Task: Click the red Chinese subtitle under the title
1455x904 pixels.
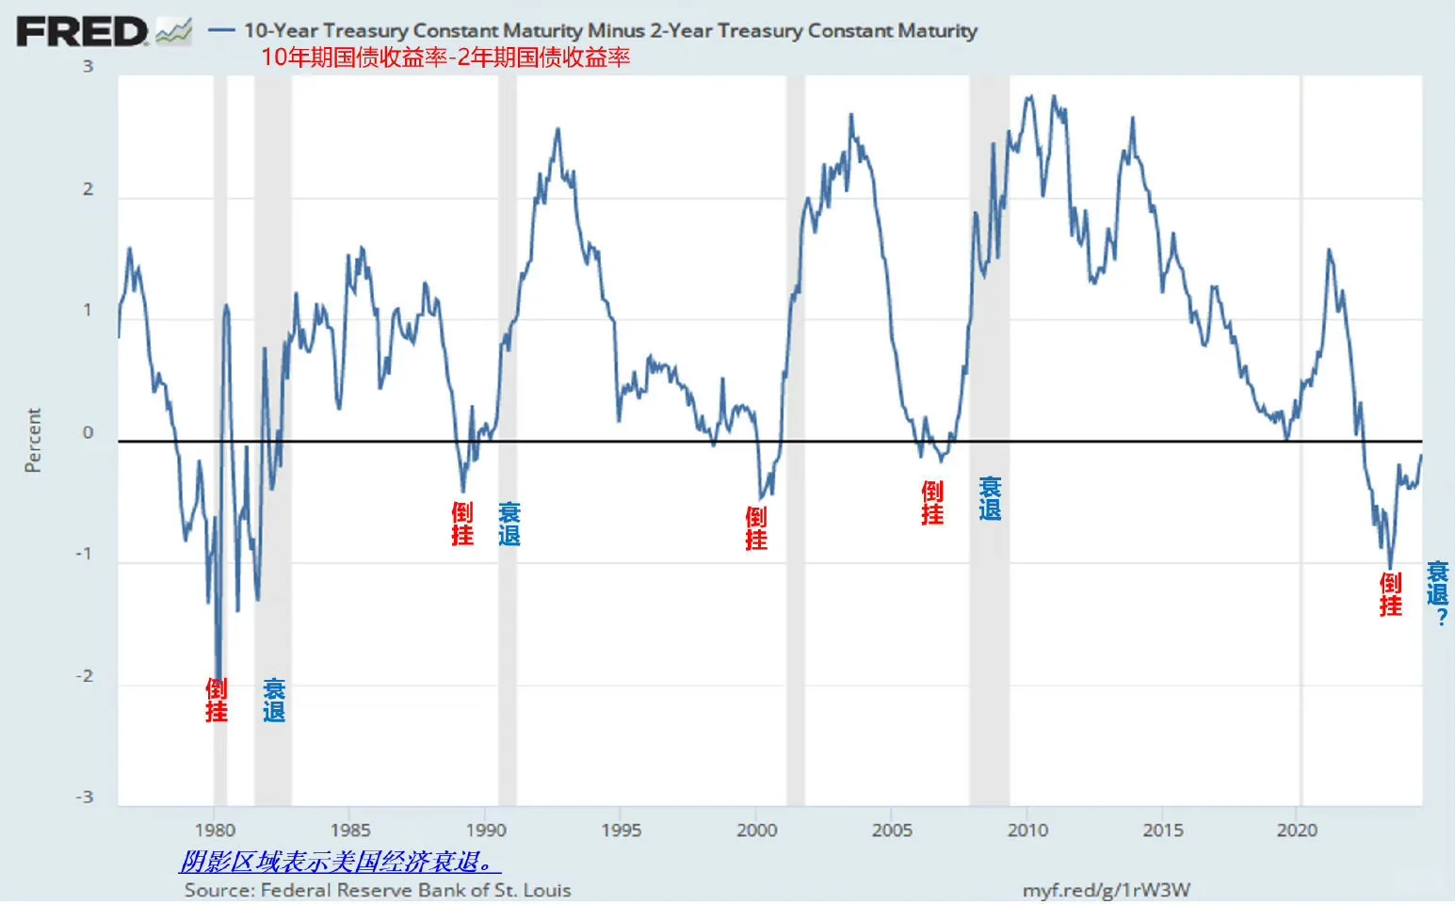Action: point(445,57)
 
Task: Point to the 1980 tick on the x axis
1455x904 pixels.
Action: point(215,830)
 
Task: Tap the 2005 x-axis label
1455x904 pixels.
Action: point(892,830)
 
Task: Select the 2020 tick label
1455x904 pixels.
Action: point(1297,830)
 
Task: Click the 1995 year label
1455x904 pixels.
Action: point(621,830)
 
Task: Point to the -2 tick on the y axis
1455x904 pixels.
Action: point(86,676)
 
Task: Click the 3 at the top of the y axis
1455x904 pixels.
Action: point(89,66)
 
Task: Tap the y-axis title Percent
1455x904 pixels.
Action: point(33,440)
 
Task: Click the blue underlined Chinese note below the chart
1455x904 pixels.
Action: point(339,861)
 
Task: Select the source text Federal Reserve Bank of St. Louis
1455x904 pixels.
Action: point(378,890)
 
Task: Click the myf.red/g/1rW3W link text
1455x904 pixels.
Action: point(1106,890)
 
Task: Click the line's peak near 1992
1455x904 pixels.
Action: point(558,129)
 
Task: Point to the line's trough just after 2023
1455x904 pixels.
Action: point(1390,568)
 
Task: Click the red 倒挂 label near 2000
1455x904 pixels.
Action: point(755,528)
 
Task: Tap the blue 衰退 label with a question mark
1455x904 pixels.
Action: point(1437,593)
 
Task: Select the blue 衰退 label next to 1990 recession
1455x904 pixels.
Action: point(509,524)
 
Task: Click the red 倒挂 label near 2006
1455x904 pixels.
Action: point(931,503)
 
